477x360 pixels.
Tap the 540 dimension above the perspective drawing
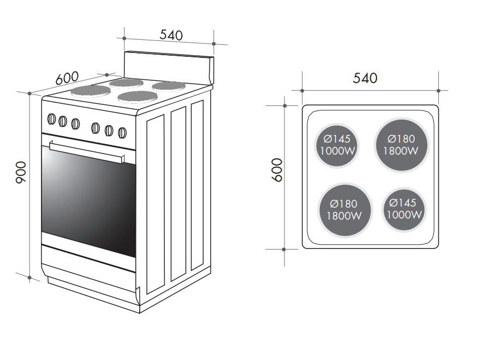pyautogui.click(x=171, y=34)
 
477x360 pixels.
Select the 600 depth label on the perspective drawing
pyautogui.click(x=68, y=78)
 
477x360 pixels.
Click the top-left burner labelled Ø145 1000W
pyautogui.click(x=337, y=145)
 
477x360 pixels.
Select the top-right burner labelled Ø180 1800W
pyautogui.click(x=401, y=145)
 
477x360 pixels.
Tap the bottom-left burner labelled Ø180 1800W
pyautogui.click(x=344, y=210)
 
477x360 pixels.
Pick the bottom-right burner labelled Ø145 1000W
pyautogui.click(x=404, y=209)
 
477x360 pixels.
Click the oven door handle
pyautogui.click(x=87, y=152)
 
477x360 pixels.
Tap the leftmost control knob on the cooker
pyautogui.click(x=52, y=119)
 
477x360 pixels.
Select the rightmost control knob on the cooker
pyautogui.click(x=122, y=132)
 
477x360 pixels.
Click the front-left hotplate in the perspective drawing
pyautogui.click(x=91, y=90)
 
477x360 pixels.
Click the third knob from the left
pyautogui.click(x=75, y=123)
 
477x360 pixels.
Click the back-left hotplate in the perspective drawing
pyautogui.click(x=127, y=82)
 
